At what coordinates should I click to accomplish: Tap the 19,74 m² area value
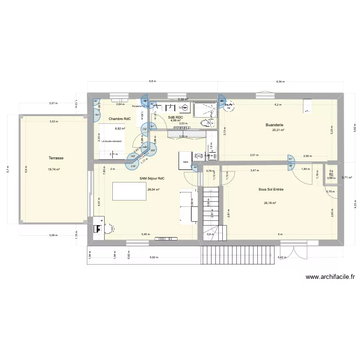coord(56,169)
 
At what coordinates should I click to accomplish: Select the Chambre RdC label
coord(120,119)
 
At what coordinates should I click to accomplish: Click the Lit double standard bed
coord(111,142)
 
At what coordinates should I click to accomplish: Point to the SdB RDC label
coord(175,117)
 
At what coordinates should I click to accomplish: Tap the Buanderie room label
coord(276,125)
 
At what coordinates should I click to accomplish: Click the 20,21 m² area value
coord(278,130)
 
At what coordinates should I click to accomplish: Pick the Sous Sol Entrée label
coord(271,190)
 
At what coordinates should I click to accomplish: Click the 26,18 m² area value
coord(271,203)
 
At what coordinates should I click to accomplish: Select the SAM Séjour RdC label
coord(152,179)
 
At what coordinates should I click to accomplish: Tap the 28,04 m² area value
coord(154,190)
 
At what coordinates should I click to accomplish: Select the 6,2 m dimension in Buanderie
coord(277,105)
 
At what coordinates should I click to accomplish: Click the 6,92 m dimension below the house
coord(154,257)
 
